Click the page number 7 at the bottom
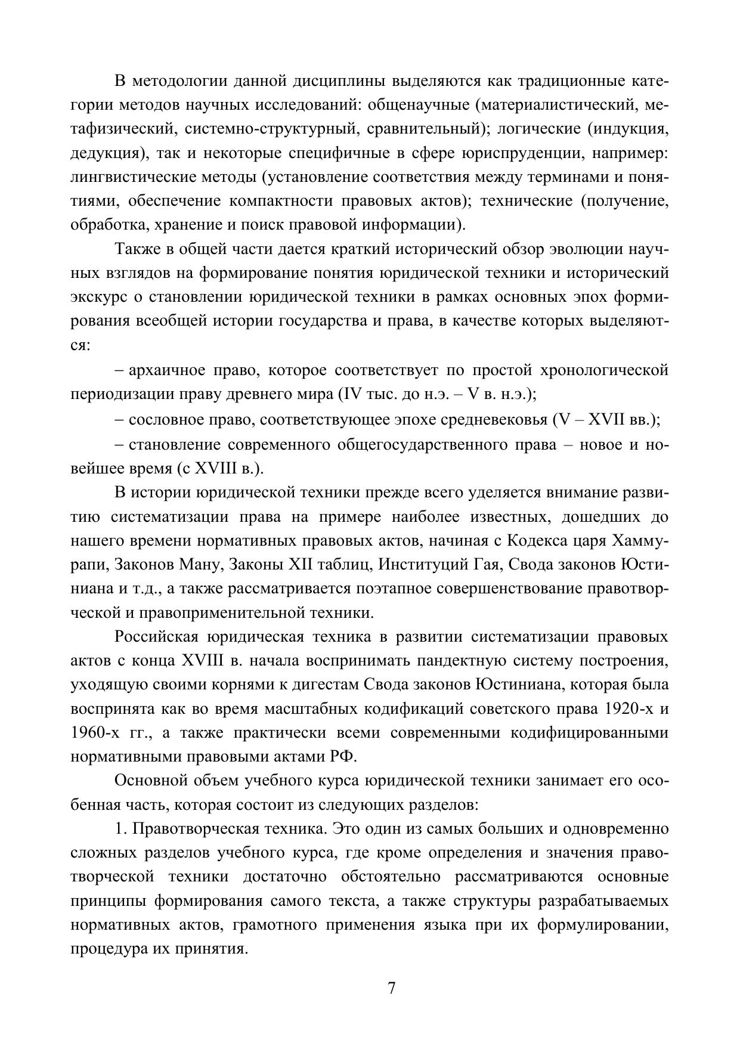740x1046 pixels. (x=391, y=988)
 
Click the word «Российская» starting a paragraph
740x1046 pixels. (x=156, y=637)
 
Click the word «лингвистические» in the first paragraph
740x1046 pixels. (x=123, y=177)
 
